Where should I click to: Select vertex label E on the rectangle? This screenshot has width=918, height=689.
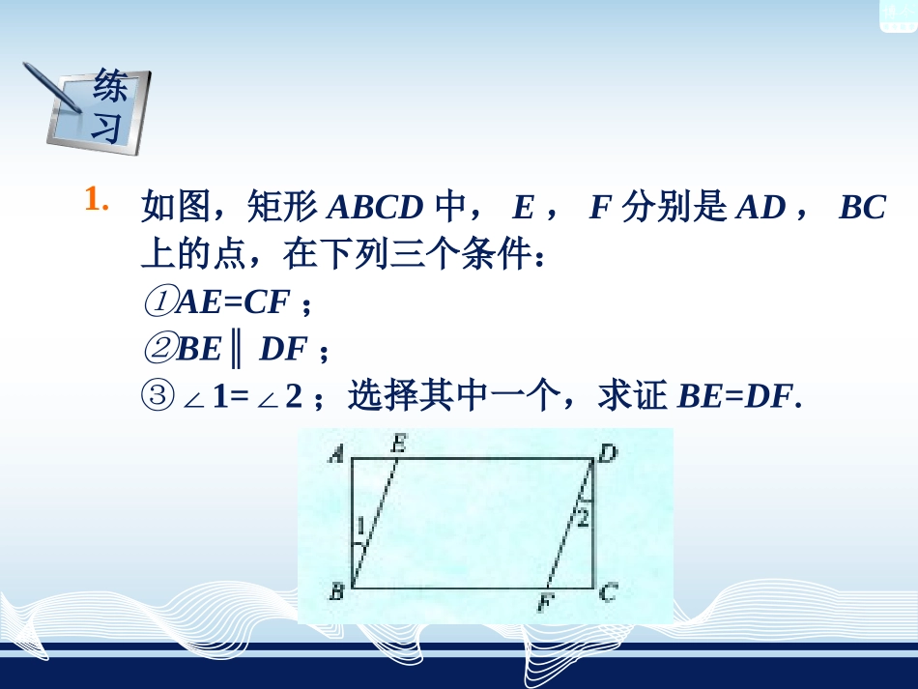point(398,444)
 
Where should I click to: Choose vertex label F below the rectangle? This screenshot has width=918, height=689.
point(547,605)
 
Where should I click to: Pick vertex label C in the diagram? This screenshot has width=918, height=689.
point(608,593)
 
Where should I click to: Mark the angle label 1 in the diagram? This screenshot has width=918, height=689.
point(360,528)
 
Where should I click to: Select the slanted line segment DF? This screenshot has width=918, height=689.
point(570,523)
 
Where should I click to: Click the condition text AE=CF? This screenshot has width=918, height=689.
point(233,303)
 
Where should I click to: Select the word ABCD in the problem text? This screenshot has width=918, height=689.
point(376,208)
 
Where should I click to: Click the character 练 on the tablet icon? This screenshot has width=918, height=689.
point(109,89)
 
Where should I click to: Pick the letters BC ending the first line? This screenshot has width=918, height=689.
point(862,208)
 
